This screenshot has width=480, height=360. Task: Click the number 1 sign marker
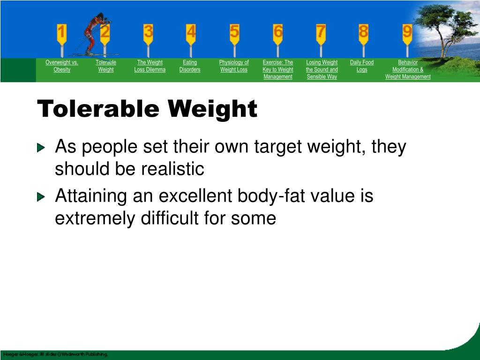click(62, 33)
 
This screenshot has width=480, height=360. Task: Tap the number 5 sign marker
click(234, 32)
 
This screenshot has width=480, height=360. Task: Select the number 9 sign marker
click(407, 32)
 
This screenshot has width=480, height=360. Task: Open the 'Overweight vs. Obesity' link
click(62, 66)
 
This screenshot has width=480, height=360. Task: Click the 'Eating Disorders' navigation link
click(190, 66)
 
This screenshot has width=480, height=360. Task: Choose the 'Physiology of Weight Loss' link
click(234, 66)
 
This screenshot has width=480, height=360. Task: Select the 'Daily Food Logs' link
click(362, 66)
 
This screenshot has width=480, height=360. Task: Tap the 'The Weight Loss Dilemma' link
click(150, 66)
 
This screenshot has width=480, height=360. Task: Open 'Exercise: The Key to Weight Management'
click(278, 69)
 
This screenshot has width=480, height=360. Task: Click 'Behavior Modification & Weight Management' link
click(408, 69)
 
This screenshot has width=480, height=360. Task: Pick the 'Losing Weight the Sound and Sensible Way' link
click(322, 69)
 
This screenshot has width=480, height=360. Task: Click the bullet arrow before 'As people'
click(42, 148)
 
